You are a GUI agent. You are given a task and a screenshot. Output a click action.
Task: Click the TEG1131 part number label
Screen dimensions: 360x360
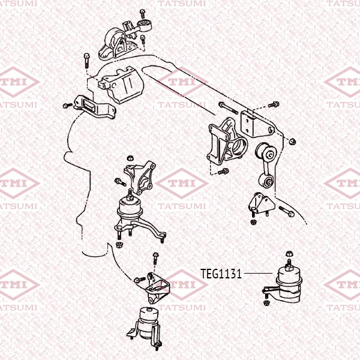tap(221, 274)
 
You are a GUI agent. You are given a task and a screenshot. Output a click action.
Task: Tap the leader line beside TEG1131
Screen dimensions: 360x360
tap(258, 273)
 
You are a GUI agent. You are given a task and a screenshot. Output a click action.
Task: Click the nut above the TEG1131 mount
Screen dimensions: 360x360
tap(289, 254)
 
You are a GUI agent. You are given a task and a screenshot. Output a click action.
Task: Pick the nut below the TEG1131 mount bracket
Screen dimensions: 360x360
tap(266, 302)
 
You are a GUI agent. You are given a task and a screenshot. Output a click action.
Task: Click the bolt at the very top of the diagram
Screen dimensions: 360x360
tap(142, 14)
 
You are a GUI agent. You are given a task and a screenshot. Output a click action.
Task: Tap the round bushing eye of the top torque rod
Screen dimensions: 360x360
tap(144, 23)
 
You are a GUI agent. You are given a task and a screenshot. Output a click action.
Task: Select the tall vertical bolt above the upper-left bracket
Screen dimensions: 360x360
tap(86, 61)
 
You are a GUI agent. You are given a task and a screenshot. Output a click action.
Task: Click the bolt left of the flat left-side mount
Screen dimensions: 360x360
tap(67, 106)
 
